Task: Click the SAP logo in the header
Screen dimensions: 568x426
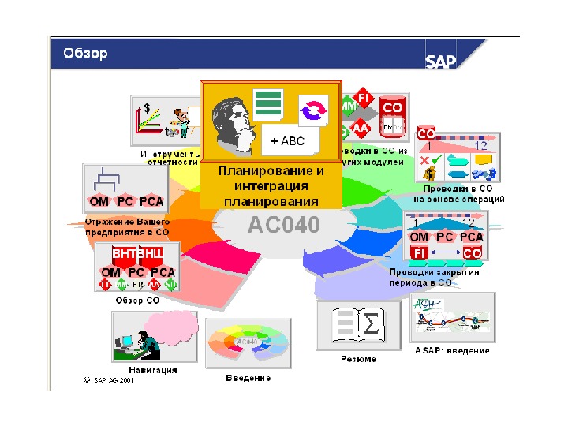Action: (x=441, y=61)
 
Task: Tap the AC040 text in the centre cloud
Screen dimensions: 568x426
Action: (x=284, y=226)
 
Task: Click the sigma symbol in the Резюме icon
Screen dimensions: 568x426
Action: (x=368, y=324)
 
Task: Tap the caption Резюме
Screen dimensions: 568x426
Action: (x=358, y=359)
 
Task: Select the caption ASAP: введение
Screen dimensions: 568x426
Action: (x=452, y=350)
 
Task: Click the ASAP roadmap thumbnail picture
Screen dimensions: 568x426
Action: (x=453, y=318)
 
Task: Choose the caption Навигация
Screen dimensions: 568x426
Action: (x=152, y=369)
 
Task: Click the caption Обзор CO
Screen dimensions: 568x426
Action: (x=137, y=301)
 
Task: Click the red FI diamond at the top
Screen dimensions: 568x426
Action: (x=364, y=98)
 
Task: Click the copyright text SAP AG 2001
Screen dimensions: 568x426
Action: (x=109, y=379)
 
